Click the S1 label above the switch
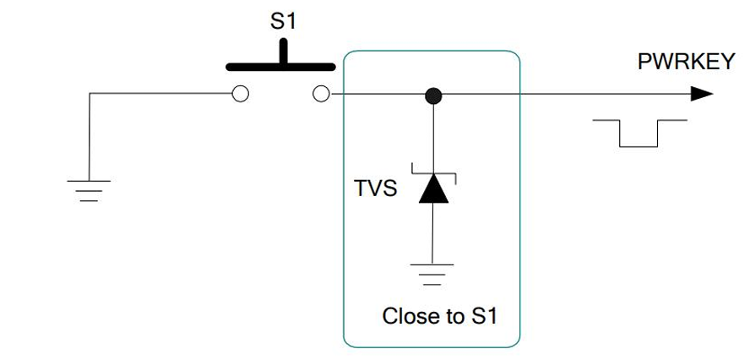click(x=283, y=22)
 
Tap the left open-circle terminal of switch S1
click(x=240, y=94)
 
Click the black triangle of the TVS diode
click(x=433, y=189)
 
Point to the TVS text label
click(x=375, y=188)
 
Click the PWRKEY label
click(x=686, y=63)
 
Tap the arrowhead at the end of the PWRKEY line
click(x=701, y=94)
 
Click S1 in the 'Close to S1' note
click(x=483, y=317)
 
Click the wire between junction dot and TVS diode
click(x=433, y=135)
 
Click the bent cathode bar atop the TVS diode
click(x=433, y=174)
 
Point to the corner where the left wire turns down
click(x=90, y=94)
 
